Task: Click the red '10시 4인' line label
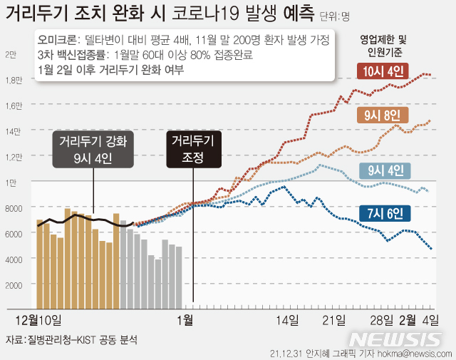tap(383, 71)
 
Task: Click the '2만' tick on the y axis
tap(11, 55)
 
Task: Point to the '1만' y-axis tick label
tap(11, 182)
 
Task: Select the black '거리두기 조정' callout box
tap(192, 148)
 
